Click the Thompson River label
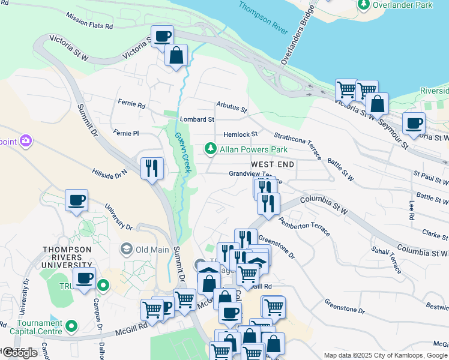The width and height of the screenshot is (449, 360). click(262, 17)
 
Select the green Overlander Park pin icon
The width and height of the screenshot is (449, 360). click(364, 5)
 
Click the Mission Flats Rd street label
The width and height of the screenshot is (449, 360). click(89, 22)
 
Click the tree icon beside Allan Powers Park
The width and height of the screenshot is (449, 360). click(210, 148)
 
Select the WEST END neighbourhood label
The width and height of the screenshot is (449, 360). click(273, 164)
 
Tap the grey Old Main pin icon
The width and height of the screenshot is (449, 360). click(127, 248)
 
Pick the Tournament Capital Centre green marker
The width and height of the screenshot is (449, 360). click(72, 327)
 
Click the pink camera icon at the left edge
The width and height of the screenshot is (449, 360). click(25, 141)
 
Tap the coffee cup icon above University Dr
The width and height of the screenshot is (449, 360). click(76, 200)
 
